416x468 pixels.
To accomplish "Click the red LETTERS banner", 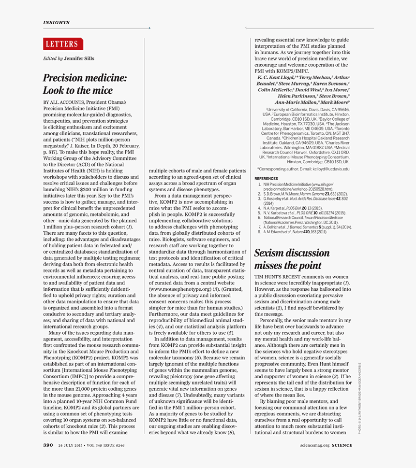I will pos(63,44).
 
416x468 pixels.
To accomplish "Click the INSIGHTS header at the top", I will pos(56,22).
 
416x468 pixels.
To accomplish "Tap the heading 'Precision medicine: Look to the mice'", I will pos(85,84).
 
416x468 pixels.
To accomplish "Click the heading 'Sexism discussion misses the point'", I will pos(292,259).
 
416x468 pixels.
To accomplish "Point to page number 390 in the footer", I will pos(48,445).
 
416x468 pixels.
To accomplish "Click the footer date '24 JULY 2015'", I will pos(70,445).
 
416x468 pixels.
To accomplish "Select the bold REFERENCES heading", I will pos(266,179).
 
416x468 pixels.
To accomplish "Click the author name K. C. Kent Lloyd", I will pos(277,77).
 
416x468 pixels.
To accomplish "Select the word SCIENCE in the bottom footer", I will pos(342,445).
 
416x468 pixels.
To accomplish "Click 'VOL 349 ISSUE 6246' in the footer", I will pos(104,445).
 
